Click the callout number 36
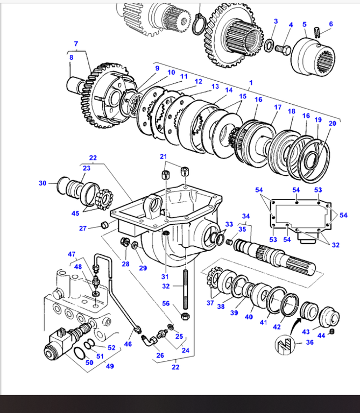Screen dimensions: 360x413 (x=309, y=342)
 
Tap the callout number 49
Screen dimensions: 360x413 (x=110, y=366)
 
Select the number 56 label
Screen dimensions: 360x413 (x=166, y=303)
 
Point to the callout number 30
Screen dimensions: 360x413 (x=43, y=183)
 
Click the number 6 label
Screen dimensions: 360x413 (x=331, y=24)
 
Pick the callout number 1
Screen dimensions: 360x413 (x=251, y=83)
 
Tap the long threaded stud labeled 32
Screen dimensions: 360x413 (x=186, y=290)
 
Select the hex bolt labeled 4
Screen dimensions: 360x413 (x=283, y=49)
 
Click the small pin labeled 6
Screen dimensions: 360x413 (x=317, y=32)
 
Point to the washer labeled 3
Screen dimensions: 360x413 (x=269, y=45)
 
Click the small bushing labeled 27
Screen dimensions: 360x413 (x=105, y=225)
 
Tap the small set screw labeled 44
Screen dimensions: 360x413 (x=332, y=331)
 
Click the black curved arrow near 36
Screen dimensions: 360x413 (x=294, y=325)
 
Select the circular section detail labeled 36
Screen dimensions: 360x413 (x=285, y=345)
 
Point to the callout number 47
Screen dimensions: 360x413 (x=72, y=254)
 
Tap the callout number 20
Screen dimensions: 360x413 (x=333, y=123)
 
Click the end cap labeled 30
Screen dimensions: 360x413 (x=63, y=185)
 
